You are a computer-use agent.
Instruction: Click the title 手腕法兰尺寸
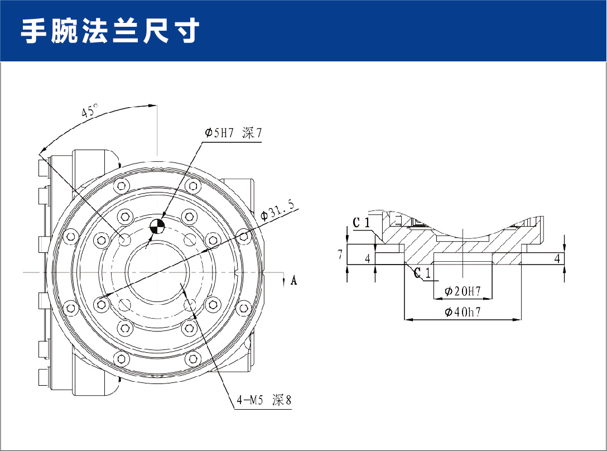point(110,31)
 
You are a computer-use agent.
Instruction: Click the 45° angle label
point(89,111)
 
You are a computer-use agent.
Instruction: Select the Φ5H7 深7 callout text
point(233,133)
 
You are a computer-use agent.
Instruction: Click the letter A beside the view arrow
point(294,280)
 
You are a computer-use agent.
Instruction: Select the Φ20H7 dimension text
point(463,291)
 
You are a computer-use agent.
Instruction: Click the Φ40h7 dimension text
point(463,313)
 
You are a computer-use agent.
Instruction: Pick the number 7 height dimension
point(340,255)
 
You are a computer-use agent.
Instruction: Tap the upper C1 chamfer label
point(362,223)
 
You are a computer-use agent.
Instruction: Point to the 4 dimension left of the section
point(367,258)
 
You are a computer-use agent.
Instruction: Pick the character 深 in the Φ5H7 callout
point(249,133)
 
